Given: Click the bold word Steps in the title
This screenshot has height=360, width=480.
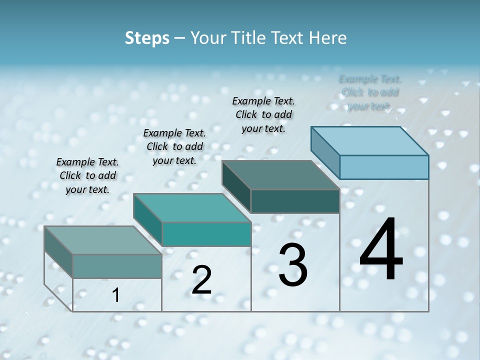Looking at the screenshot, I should [x=147, y=38].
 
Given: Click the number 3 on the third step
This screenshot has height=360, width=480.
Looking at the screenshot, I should [x=293, y=265].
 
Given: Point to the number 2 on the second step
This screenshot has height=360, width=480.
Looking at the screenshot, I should [x=201, y=280].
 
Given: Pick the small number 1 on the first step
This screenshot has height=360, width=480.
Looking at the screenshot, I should [x=116, y=295].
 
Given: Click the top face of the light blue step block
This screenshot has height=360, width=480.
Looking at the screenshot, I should [x=370, y=140].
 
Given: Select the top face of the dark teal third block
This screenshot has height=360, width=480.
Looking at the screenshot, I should [x=280, y=175].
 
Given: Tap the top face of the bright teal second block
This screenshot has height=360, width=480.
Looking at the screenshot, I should [x=192, y=208].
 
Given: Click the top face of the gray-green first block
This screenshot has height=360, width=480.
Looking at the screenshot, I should [x=103, y=240].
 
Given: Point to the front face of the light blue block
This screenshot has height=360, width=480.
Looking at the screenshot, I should [x=384, y=167].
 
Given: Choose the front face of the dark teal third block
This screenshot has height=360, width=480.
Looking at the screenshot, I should [x=295, y=201].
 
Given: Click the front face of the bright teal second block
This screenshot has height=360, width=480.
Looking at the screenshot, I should [x=206, y=234].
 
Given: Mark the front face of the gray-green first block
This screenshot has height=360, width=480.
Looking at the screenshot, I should [x=117, y=266].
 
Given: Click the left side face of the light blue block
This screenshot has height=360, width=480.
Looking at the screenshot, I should [x=325, y=152].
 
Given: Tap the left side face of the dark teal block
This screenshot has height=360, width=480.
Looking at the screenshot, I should [x=236, y=186].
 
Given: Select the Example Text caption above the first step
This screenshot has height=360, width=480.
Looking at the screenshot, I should [x=87, y=175].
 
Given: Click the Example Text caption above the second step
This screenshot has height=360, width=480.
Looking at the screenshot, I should [x=174, y=146].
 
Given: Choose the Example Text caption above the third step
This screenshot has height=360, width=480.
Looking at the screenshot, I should [x=263, y=114].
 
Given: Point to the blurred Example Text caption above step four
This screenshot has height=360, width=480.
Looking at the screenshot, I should [x=370, y=92].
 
